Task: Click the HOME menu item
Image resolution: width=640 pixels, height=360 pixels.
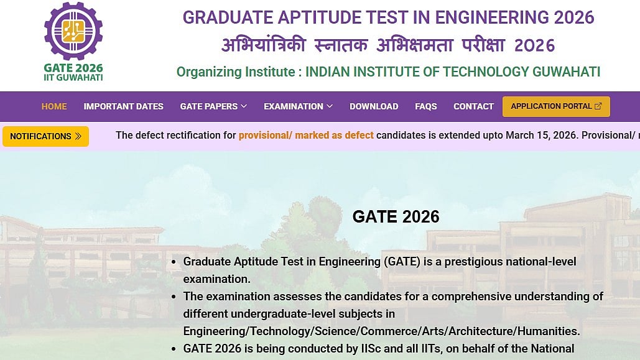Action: [54, 106]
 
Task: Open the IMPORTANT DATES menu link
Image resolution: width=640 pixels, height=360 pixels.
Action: [123, 106]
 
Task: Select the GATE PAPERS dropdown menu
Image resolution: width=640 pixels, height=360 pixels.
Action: [213, 106]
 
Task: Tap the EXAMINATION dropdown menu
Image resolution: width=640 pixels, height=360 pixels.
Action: [298, 106]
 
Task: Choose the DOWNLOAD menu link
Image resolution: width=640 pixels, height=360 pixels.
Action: [374, 106]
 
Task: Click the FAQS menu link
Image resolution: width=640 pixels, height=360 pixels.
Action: [425, 106]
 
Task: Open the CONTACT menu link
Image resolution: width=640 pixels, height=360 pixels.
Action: [473, 106]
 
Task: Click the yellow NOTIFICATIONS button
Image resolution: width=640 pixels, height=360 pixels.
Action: [46, 136]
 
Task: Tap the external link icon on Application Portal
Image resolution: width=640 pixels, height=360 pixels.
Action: [598, 106]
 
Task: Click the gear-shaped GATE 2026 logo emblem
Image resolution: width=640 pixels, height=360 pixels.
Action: [73, 31]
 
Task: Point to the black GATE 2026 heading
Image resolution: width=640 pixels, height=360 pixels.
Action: [396, 217]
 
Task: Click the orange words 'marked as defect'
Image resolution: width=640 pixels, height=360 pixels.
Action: [334, 135]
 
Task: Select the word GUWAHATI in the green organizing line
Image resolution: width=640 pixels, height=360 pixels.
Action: [567, 72]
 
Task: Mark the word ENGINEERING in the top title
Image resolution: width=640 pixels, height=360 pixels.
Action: [491, 17]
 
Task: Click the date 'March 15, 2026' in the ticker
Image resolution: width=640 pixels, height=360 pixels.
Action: [542, 135]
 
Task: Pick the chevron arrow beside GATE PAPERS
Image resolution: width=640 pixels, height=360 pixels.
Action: [244, 106]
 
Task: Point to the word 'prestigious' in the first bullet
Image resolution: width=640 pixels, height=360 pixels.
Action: [478, 262]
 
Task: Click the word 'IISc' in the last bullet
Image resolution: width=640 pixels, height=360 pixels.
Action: [371, 349]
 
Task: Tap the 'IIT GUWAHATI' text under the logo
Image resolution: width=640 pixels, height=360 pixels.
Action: [73, 78]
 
